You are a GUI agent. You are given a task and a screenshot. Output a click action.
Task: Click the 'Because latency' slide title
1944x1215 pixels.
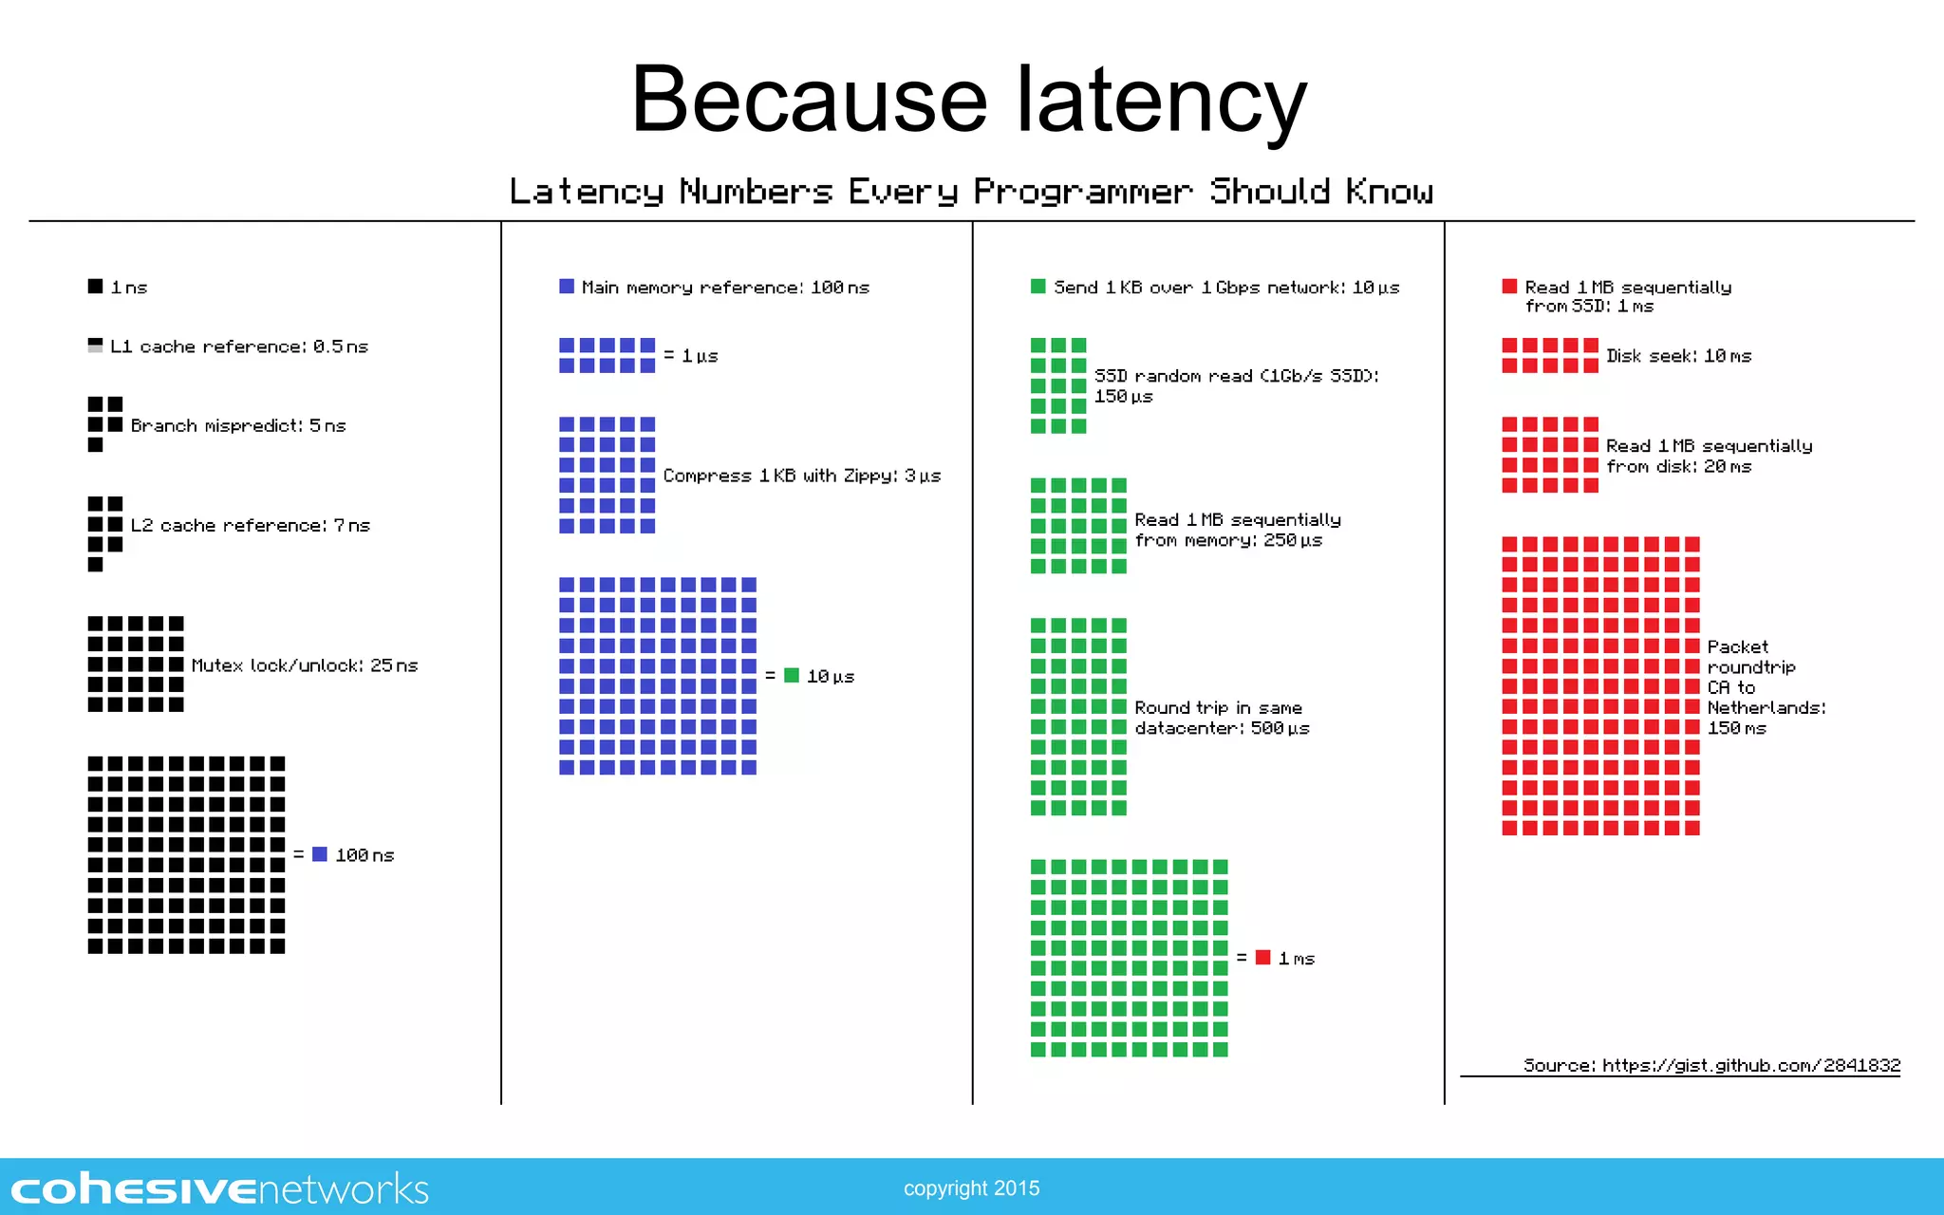(x=969, y=100)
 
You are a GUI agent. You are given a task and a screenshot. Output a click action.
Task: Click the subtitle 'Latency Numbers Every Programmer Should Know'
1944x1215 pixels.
(x=971, y=192)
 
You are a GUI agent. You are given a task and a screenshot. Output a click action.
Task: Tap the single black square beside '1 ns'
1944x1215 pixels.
(x=95, y=286)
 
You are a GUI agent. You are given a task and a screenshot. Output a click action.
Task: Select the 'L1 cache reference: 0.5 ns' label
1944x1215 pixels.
(x=238, y=346)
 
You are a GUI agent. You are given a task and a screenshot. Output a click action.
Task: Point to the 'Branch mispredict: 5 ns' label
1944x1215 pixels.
(x=238, y=425)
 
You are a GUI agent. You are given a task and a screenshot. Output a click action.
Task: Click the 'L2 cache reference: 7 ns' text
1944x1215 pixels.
(x=251, y=525)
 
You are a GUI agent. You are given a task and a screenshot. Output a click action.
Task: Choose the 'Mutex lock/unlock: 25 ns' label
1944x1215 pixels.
(x=305, y=665)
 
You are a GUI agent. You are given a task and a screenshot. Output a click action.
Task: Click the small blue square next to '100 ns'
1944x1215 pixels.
(x=320, y=854)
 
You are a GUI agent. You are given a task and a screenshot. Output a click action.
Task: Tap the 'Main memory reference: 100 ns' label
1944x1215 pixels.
(x=725, y=287)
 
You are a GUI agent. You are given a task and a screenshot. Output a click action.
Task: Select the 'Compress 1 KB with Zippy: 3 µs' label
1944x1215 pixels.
(x=802, y=476)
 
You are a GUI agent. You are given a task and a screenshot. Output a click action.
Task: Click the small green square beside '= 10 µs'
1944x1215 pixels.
(x=792, y=675)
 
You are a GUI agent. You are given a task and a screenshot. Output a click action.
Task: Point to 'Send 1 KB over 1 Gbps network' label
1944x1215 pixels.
(x=1226, y=287)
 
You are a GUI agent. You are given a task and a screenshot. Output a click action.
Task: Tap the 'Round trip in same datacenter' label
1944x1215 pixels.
(x=1222, y=718)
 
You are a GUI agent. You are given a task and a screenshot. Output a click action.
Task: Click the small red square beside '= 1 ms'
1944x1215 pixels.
(x=1262, y=957)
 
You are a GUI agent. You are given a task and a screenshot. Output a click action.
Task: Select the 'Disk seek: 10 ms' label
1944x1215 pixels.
(x=1678, y=356)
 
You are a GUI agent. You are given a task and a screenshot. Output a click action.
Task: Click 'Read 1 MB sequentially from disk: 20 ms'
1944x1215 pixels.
(x=1709, y=456)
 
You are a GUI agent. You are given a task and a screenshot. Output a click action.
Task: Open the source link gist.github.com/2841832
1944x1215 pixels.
(x=1750, y=1065)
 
